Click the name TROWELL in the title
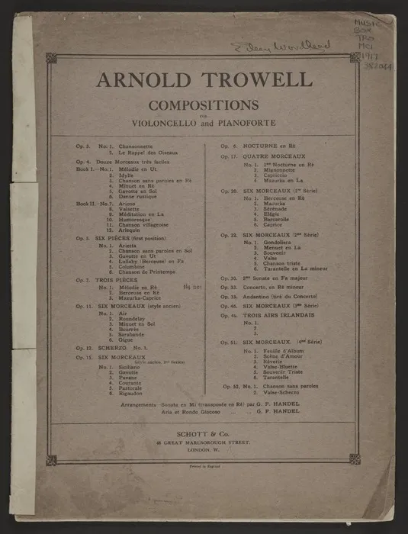click(257, 79)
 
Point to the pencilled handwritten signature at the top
click(281, 47)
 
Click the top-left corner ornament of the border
click(51, 57)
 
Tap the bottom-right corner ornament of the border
click(355, 458)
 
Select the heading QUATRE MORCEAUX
click(279, 156)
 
